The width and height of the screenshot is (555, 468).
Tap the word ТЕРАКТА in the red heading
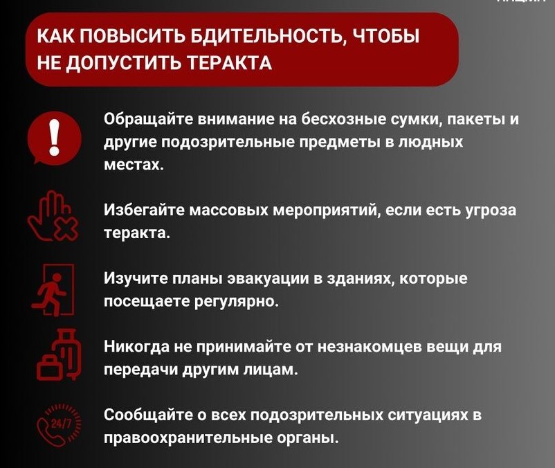click(229, 63)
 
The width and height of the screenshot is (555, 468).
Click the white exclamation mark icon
click(54, 137)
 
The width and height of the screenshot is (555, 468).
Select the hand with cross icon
click(53, 216)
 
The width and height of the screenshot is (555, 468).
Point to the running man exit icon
click(53, 289)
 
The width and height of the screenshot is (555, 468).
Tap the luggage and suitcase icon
click(59, 354)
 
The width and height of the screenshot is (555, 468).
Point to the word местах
click(134, 165)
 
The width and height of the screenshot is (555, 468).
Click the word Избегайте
click(145, 210)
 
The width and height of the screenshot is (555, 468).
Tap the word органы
click(307, 439)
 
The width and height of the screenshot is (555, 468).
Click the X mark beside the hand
click(66, 228)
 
